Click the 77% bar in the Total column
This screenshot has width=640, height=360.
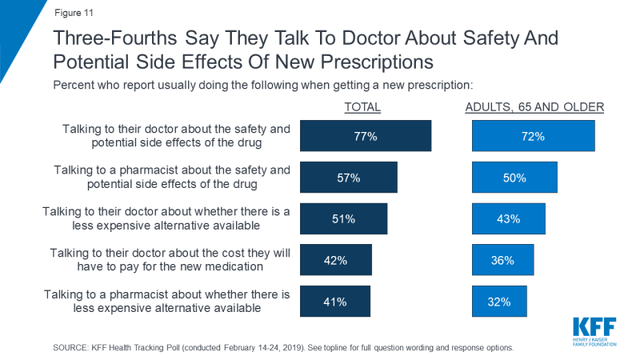tap(366, 136)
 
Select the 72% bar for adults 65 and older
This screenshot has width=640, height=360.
tap(534, 136)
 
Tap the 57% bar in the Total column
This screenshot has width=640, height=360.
tap(348, 178)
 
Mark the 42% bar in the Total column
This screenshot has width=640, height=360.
tap(336, 260)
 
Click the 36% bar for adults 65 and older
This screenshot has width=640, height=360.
tap(503, 260)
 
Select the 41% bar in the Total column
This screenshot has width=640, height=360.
tap(335, 302)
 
